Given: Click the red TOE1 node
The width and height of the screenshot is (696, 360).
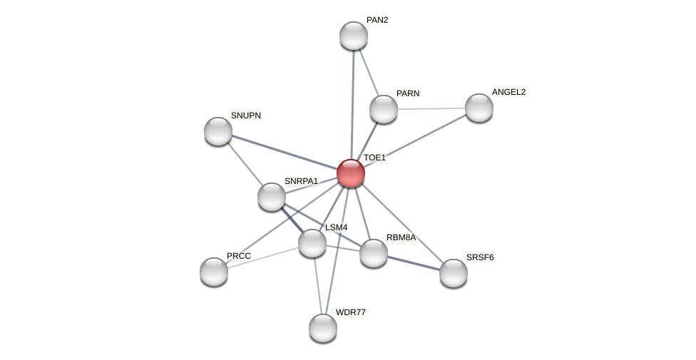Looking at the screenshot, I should click(351, 173).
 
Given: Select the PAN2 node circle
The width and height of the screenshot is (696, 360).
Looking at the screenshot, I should click(354, 36).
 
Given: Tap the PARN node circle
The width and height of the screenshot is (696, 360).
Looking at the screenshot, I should click(384, 109).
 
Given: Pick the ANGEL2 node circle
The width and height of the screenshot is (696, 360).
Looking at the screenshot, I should click(479, 108).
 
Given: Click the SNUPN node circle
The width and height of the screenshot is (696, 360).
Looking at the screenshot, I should click(218, 131).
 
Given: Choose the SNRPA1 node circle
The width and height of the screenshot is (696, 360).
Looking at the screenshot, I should click(272, 197).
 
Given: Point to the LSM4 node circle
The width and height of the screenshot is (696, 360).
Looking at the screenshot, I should click(312, 243).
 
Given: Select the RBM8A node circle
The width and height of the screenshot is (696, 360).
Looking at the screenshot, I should click(374, 253).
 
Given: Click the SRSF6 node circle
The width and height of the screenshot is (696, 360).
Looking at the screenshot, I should click(454, 273).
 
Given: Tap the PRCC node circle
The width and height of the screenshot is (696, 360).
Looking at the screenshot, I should click(214, 272).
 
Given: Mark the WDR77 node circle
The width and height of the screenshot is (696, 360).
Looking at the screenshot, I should click(323, 328).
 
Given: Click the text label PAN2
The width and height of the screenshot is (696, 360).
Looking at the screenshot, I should click(377, 20).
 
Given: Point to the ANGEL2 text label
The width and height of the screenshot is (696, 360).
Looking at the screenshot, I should click(508, 92).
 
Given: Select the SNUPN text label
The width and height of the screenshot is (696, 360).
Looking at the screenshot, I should click(246, 115).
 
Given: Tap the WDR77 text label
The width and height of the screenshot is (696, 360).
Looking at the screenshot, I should click(350, 312).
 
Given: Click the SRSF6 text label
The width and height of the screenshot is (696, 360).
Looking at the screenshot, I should click(480, 257).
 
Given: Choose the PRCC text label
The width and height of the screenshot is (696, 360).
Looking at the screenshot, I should click(239, 256).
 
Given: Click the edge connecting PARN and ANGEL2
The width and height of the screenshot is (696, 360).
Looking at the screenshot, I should click(431, 108).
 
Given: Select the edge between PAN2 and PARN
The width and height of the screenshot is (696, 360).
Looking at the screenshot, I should click(369, 72).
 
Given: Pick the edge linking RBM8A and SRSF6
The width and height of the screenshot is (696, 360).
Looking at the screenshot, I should click(414, 263).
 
